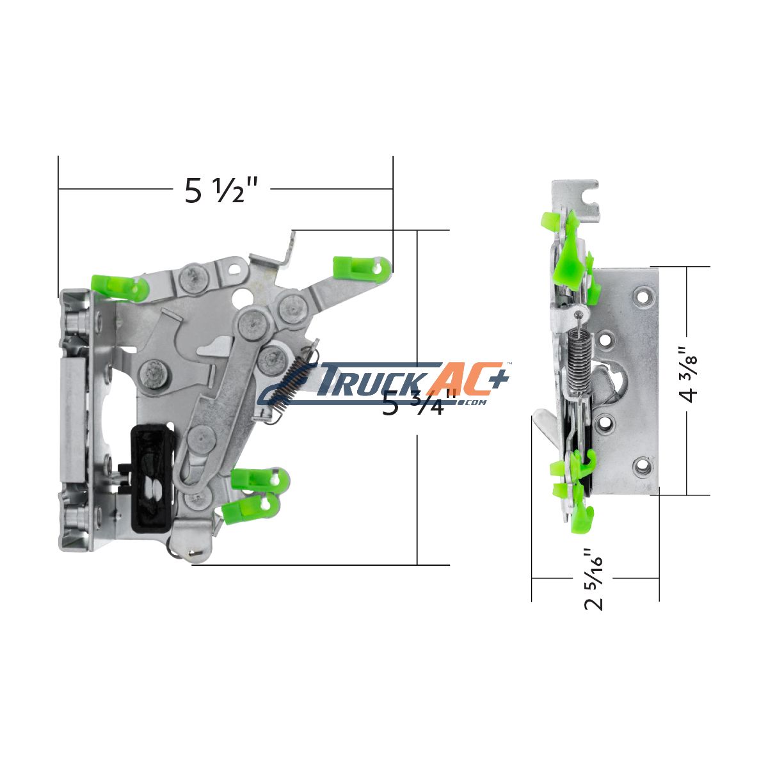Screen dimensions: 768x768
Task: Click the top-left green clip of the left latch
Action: pos(119,285)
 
